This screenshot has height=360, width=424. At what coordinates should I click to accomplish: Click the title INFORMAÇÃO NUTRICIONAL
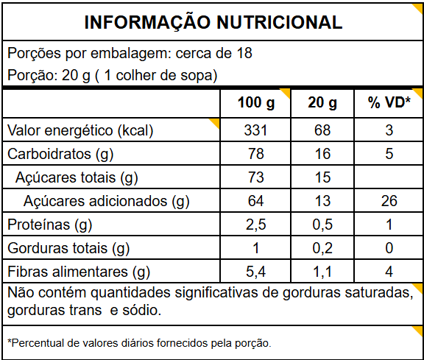point(213,22)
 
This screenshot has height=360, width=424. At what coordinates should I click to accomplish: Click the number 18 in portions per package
point(244,53)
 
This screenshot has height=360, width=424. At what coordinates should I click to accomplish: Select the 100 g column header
point(256,103)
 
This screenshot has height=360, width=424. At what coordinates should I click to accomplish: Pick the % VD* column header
point(389,102)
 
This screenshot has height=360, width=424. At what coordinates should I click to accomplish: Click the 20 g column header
point(322,103)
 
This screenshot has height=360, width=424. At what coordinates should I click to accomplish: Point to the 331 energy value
point(255,130)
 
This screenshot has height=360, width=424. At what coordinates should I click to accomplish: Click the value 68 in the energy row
point(322,130)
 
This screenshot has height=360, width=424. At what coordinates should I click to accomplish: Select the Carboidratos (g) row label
point(60,154)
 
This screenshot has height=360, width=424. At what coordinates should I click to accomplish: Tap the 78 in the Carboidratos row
point(256,154)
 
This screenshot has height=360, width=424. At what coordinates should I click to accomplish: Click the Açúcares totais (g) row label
point(77,177)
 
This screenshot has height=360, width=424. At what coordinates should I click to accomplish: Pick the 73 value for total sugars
point(256,177)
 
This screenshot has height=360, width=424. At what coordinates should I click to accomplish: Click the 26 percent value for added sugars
point(389,201)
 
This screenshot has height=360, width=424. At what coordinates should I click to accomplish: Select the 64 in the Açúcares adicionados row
point(256,201)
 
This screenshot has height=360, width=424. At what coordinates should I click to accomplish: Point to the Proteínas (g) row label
point(50,225)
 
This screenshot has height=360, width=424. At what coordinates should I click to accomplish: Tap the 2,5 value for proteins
point(256,225)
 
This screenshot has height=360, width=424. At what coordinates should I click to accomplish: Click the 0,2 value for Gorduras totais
point(322,248)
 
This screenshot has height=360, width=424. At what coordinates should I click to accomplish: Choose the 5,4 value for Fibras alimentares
point(256,272)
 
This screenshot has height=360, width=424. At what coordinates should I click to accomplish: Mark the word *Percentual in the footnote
point(36,343)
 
